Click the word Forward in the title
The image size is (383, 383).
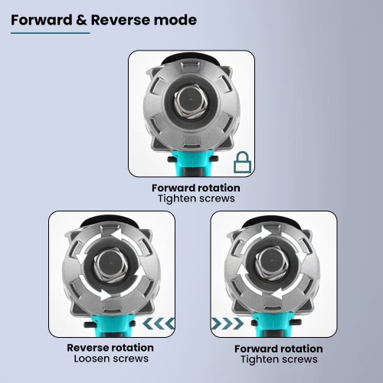click(x=41, y=20)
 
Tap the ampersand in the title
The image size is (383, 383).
click(x=81, y=20)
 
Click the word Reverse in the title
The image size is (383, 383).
click(x=119, y=20)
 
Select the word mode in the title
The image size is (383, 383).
click(x=174, y=20)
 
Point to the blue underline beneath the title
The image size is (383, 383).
click(x=51, y=33)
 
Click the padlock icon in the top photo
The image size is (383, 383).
click(x=242, y=162)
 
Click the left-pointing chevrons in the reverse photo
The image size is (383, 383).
click(x=159, y=323)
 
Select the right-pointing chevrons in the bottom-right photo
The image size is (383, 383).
click(x=227, y=323)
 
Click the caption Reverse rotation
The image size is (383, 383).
click(x=110, y=348)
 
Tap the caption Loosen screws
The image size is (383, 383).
click(x=111, y=358)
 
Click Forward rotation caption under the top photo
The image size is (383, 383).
click(x=196, y=188)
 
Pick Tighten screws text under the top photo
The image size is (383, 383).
click(x=196, y=198)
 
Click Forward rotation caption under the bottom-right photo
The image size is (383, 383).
click(x=279, y=349)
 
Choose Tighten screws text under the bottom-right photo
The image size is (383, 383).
click(x=279, y=359)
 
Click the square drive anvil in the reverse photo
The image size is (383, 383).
click(x=110, y=264)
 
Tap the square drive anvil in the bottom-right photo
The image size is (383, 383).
click(x=272, y=264)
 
